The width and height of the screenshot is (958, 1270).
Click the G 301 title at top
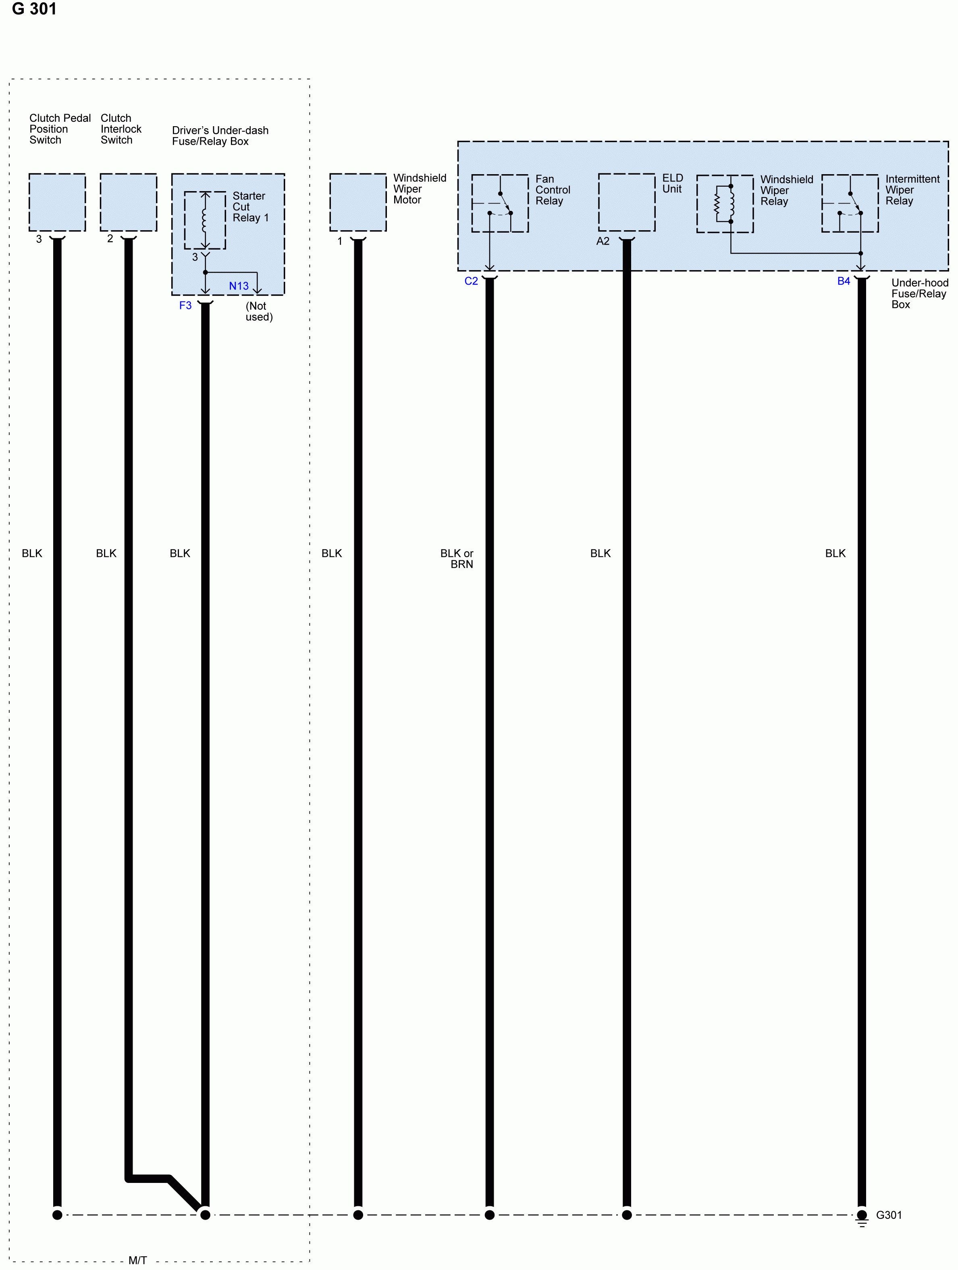(x=34, y=9)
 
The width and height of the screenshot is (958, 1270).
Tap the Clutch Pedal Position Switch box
(x=57, y=202)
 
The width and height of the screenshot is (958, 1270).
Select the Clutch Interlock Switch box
(x=128, y=202)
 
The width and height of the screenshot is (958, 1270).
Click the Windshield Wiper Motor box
(x=357, y=202)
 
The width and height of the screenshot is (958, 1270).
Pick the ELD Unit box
(x=626, y=202)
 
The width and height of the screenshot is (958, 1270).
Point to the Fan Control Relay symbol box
(x=499, y=203)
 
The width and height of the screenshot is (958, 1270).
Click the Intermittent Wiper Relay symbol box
(x=850, y=203)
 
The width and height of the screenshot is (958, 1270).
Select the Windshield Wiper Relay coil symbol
(x=724, y=203)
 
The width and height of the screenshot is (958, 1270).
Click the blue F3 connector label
(x=185, y=306)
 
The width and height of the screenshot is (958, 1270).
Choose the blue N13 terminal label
(x=239, y=286)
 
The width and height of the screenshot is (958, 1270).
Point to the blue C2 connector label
(x=471, y=281)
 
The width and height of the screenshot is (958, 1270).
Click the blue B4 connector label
(x=843, y=281)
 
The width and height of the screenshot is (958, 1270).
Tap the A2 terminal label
(x=603, y=241)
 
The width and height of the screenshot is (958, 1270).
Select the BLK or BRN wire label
(x=457, y=559)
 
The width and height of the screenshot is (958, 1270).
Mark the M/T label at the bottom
(x=138, y=1260)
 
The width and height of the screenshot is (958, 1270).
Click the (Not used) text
(x=259, y=311)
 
